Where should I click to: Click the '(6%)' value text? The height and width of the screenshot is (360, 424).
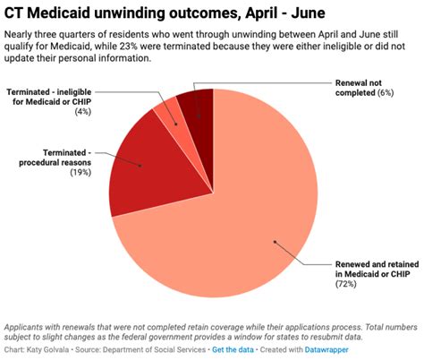coord(361,92)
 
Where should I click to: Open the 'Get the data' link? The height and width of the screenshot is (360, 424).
coord(235,350)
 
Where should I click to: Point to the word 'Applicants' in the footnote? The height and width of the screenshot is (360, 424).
coord(27,327)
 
